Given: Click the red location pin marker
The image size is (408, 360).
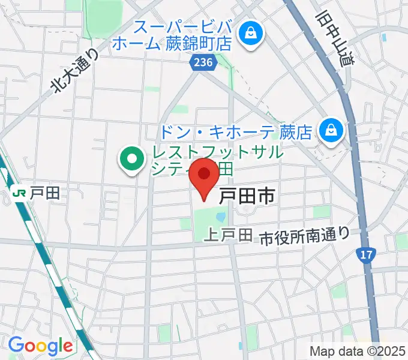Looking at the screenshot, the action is [204, 176].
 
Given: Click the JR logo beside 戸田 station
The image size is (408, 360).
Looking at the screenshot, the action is [19, 193].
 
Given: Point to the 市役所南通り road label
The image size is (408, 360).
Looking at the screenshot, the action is [305, 235].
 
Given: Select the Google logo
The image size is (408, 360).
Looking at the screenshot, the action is [40, 346].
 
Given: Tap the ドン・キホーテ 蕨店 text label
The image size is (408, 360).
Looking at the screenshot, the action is [238, 131].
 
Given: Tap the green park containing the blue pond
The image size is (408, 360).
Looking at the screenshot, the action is [204, 222].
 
